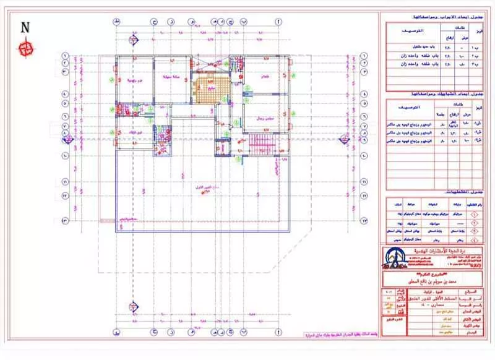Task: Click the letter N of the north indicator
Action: click(25, 27)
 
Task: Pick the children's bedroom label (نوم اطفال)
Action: click(135, 133)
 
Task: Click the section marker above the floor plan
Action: click(133, 41)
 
